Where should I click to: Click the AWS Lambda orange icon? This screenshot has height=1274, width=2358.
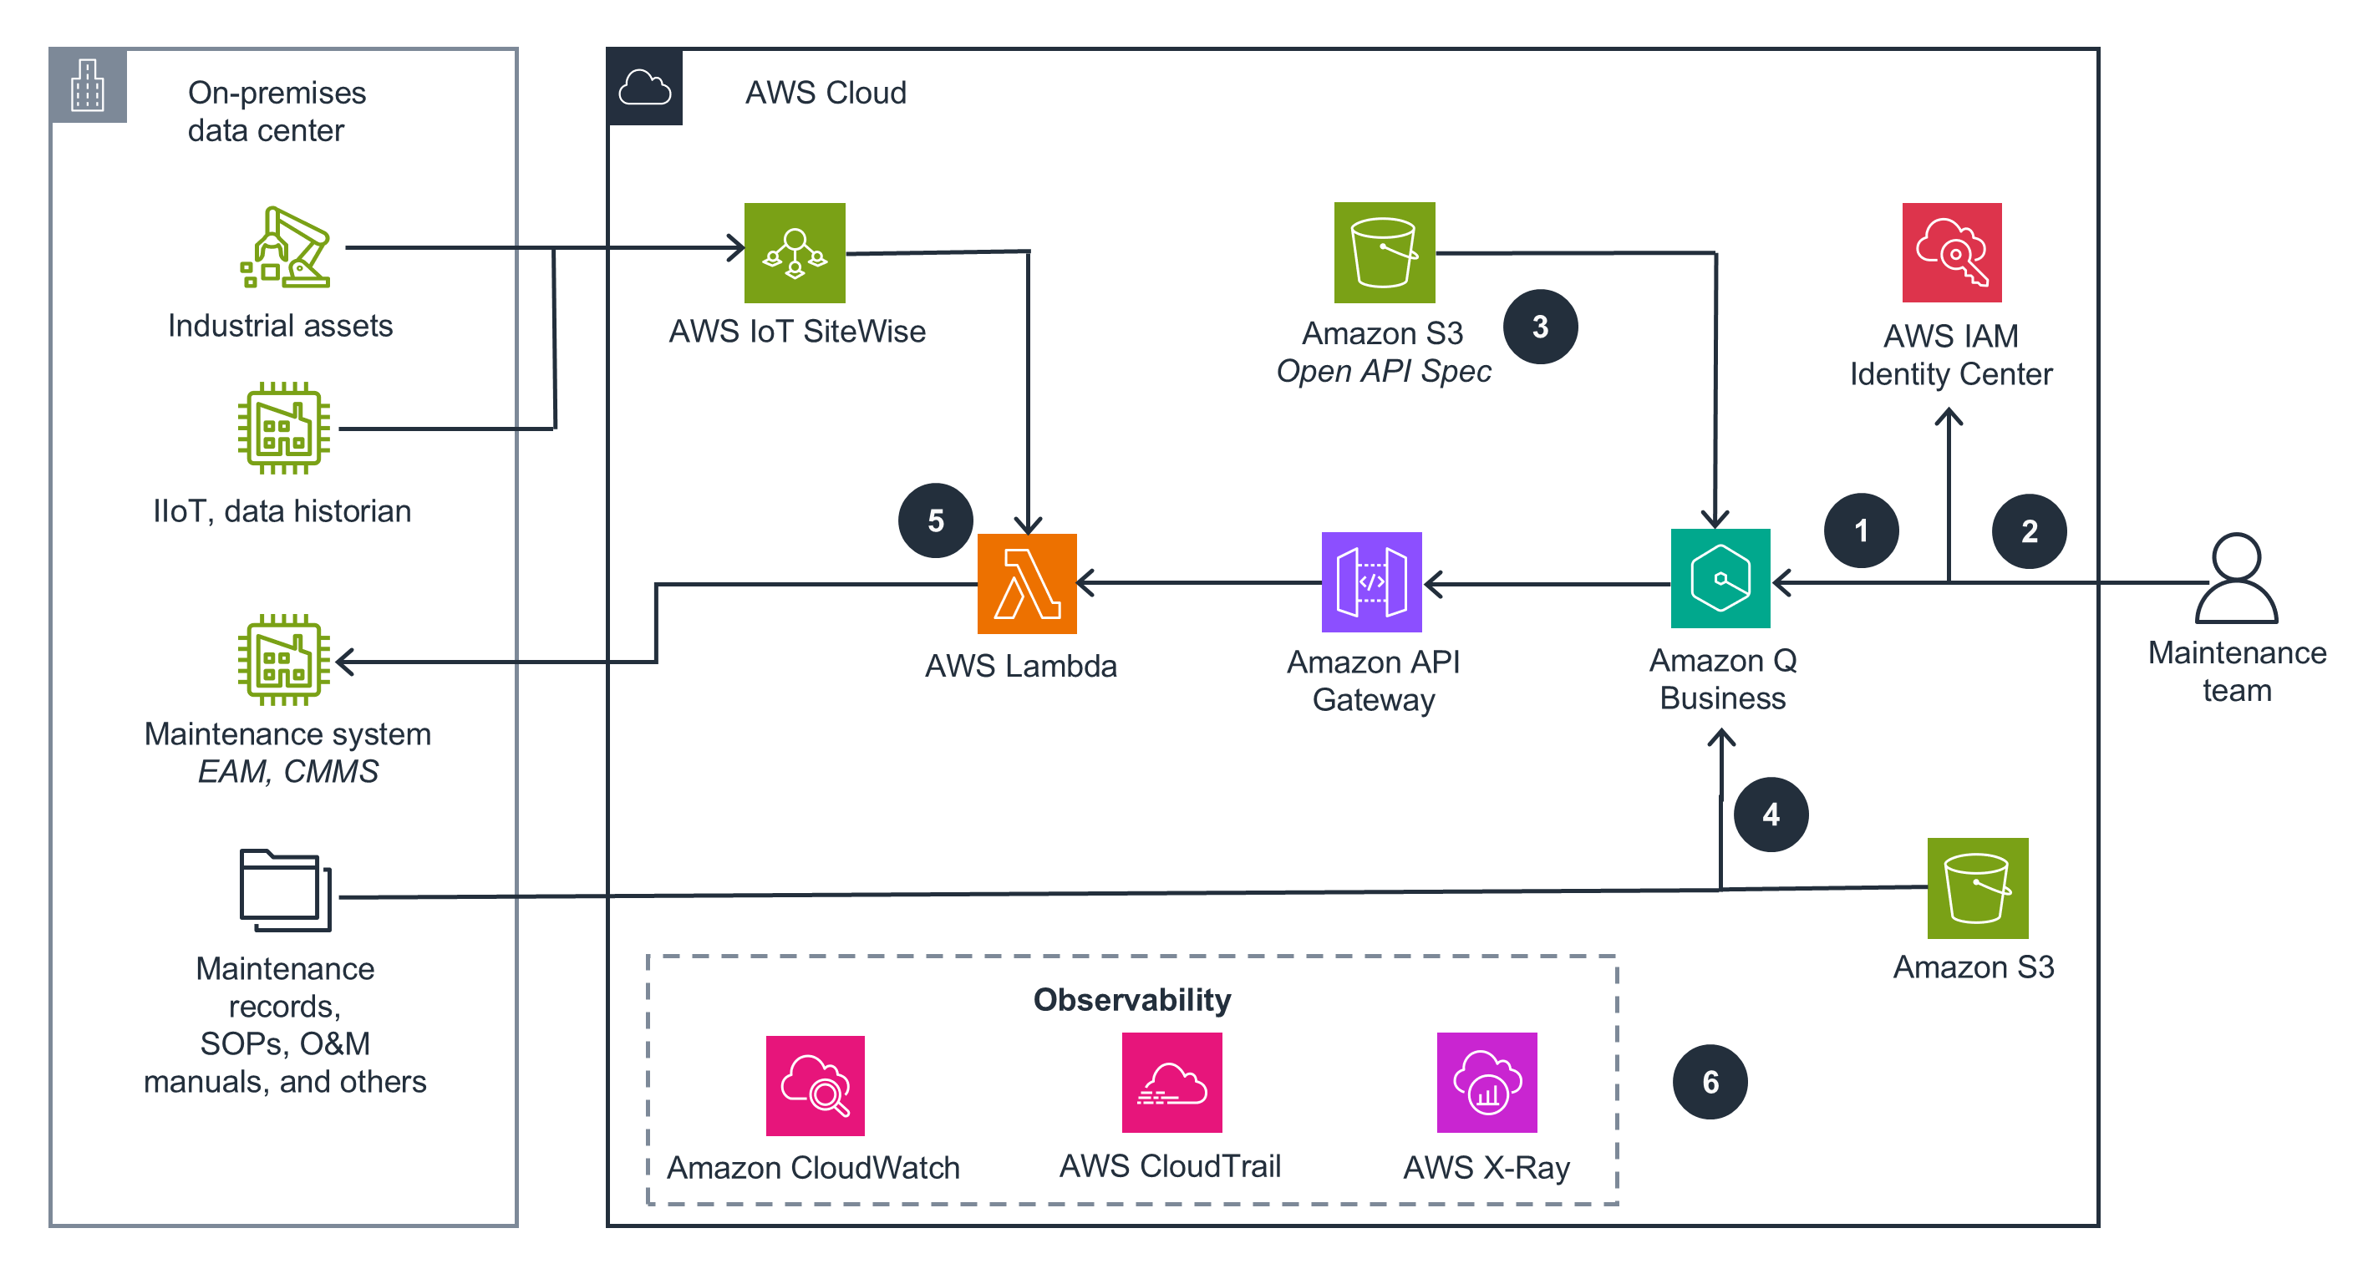click(x=1026, y=584)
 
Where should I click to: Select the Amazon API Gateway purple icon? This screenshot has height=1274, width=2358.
click(x=1370, y=582)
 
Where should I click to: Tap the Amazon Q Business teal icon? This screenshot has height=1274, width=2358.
click(x=1719, y=578)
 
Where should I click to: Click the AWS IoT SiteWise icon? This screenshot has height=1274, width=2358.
click(x=794, y=252)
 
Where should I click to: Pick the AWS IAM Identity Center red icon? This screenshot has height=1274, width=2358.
click(x=1951, y=252)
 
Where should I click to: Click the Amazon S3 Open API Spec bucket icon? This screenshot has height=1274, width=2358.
click(x=1383, y=252)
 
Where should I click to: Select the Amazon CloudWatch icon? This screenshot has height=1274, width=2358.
click(x=814, y=1085)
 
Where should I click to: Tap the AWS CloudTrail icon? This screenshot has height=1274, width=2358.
click(x=1171, y=1083)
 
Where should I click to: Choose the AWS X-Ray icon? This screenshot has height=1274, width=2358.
click(x=1486, y=1083)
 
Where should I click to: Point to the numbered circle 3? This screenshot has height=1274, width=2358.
click(x=1540, y=327)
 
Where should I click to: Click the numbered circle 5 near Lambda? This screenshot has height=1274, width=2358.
click(x=935, y=520)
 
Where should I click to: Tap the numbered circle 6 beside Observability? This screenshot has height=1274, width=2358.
click(x=1709, y=1082)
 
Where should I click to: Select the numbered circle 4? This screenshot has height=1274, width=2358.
click(x=1771, y=815)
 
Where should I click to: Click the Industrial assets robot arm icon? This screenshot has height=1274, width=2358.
click(x=285, y=247)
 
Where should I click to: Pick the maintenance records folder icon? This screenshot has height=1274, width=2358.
click(x=285, y=890)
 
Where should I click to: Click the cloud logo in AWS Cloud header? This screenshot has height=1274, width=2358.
click(x=643, y=88)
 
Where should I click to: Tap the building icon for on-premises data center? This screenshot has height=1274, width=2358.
click(x=88, y=86)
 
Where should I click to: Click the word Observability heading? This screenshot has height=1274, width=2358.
click(x=1131, y=999)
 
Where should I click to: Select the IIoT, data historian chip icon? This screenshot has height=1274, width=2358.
click(x=284, y=429)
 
